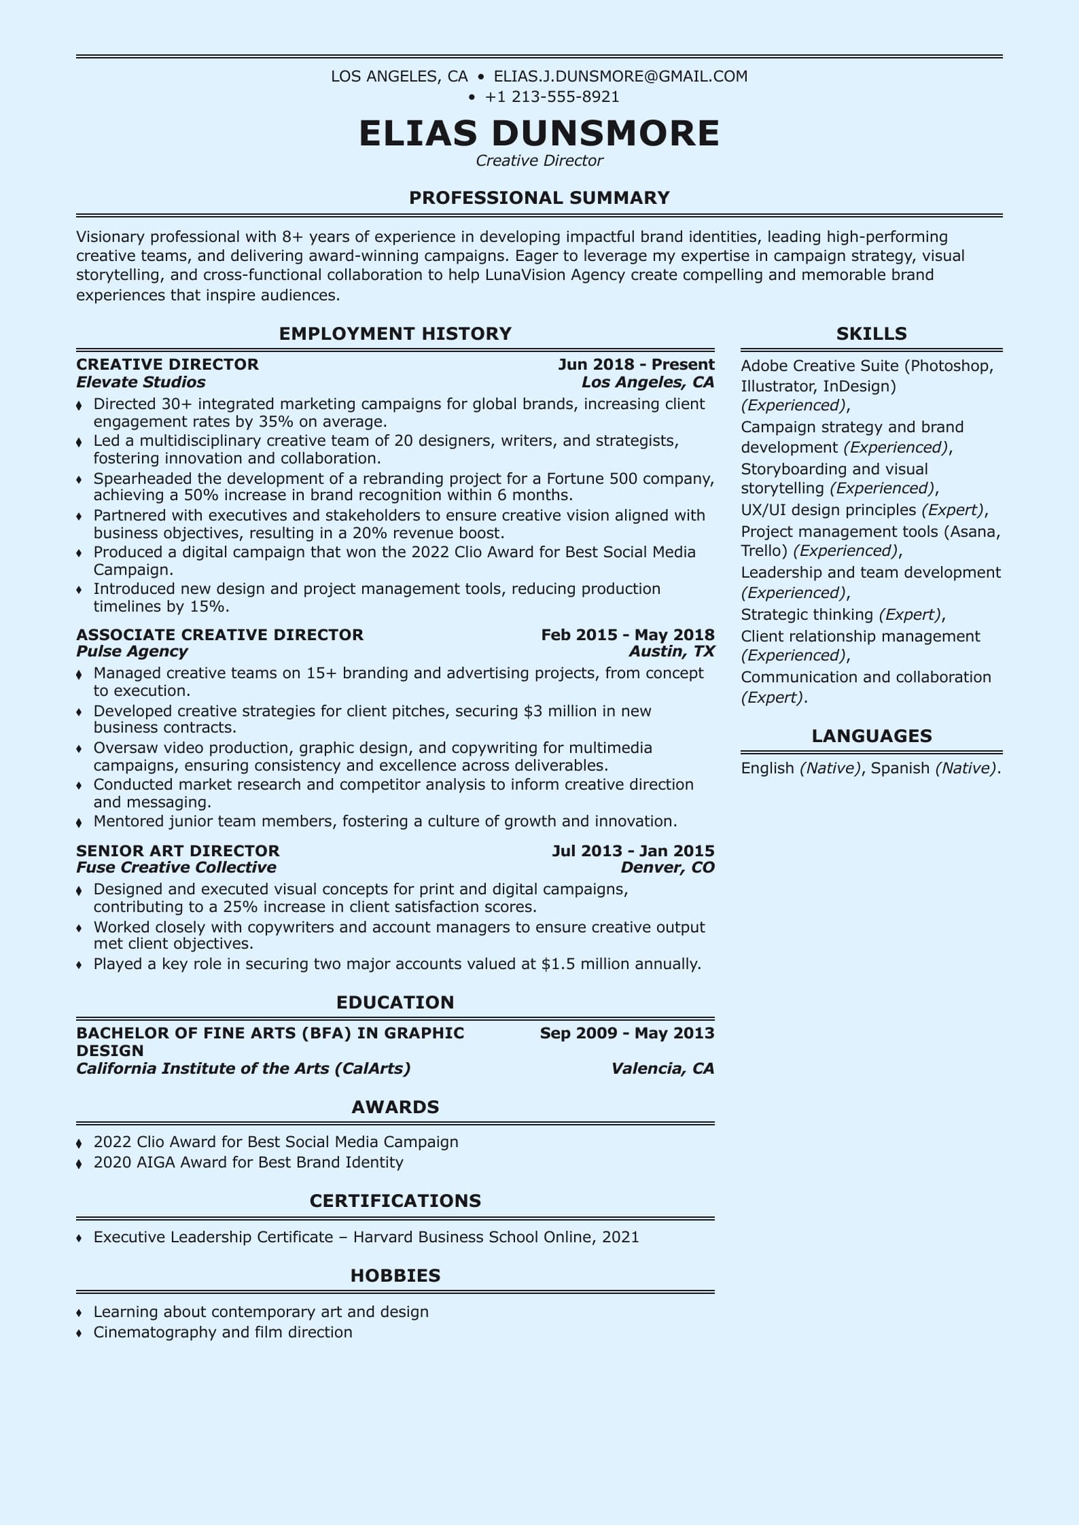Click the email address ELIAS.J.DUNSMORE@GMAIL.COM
coord(620,76)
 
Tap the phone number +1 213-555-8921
coord(552,97)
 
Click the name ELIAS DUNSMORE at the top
coord(539,133)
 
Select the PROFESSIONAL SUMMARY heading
coord(539,198)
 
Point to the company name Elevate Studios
coord(141,382)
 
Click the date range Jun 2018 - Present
coord(636,364)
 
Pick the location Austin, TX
coord(671,651)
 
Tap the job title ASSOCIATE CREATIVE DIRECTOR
coord(219,635)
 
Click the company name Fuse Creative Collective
coord(176,867)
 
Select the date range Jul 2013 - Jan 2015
coord(633,851)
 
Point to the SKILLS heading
coord(871,334)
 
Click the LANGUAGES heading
coord(871,736)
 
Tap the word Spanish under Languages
coord(900,768)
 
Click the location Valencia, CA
coord(662,1068)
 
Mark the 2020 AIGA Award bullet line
coord(248,1162)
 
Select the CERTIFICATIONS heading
coord(395,1201)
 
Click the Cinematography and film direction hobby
coord(223,1332)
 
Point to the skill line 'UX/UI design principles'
coord(828,510)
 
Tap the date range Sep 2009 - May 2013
coord(627,1033)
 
